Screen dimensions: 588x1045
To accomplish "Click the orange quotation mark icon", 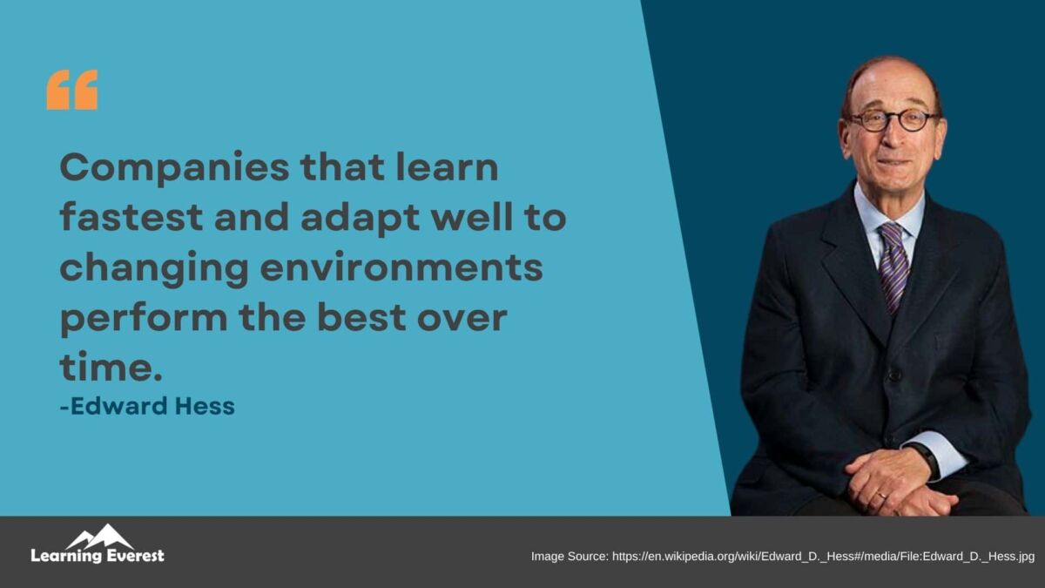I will coord(72,90).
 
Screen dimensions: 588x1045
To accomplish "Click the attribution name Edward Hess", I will coord(147,406).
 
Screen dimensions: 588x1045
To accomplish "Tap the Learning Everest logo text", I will coord(97,556).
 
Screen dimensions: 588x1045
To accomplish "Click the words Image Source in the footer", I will coord(569,556).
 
